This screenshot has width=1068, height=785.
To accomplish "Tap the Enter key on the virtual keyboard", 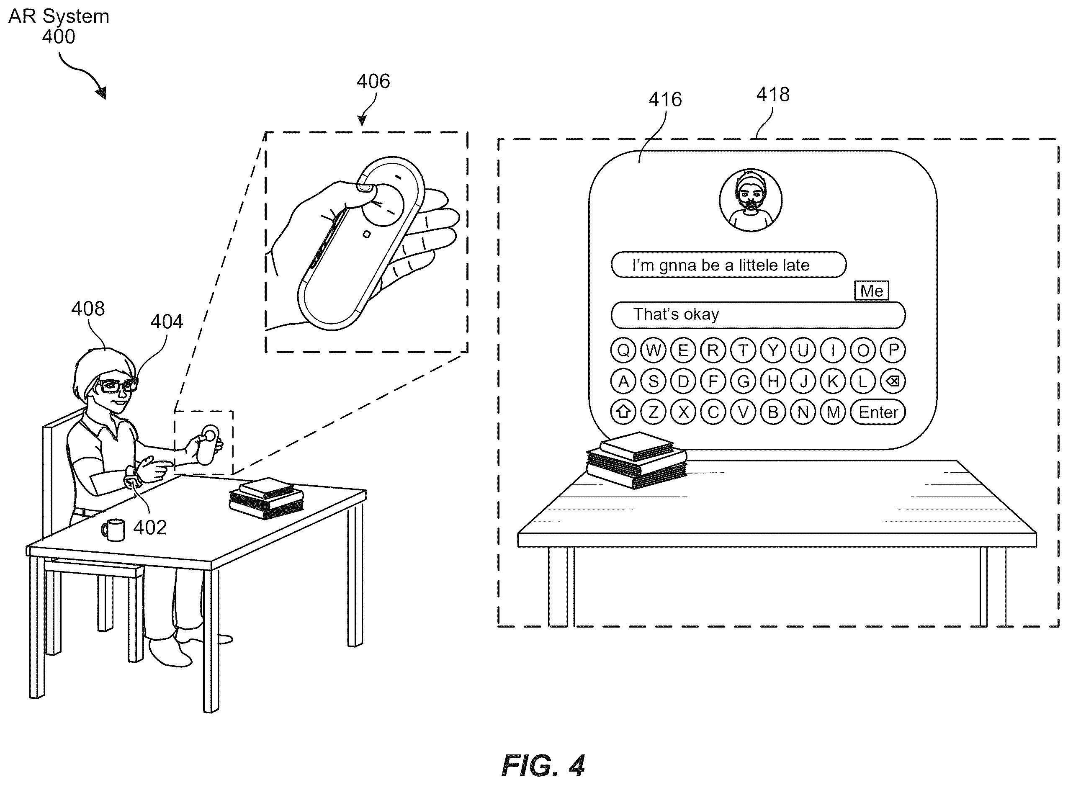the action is coord(878,412).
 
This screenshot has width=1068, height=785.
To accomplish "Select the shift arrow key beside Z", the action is coord(623,412).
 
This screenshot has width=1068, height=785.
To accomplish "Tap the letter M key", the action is coord(833,412).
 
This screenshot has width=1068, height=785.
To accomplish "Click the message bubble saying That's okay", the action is coord(758,315).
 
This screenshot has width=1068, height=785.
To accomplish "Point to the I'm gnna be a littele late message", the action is coord(728,265).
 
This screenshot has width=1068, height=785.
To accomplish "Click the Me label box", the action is coord(871,290).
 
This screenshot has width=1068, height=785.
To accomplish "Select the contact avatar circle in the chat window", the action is coord(751,200).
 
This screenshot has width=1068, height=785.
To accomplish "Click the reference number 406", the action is coord(373,81).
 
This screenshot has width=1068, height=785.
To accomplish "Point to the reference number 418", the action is coord(773,95).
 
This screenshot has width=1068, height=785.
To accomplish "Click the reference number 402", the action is coord(150,528).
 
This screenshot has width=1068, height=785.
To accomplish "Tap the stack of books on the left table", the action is coord(267,497).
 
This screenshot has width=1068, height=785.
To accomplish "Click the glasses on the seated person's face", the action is coord(117,384).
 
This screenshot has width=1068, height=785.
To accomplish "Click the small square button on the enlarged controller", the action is coord(366,234).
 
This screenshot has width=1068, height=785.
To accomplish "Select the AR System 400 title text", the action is coord(59,26).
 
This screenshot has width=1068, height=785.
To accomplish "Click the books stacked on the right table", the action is coord(637,460).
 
